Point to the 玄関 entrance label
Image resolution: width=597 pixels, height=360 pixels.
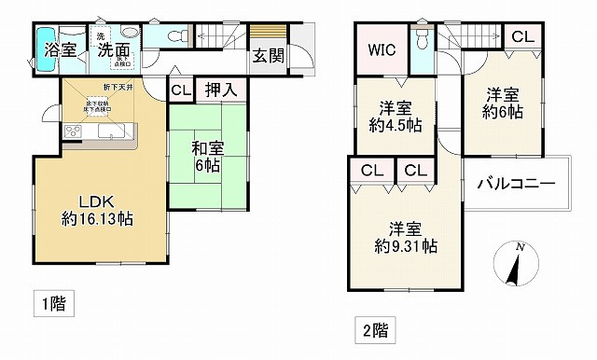tap(268, 55)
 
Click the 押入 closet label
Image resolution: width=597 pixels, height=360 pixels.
tap(221, 90)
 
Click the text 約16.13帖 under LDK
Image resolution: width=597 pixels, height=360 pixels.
tap(96, 219)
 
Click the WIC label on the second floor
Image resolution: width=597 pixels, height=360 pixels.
tap(382, 51)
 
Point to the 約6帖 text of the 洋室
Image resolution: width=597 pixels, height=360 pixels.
tap(502, 112)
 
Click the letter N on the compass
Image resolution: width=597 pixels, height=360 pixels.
tap(521, 246)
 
